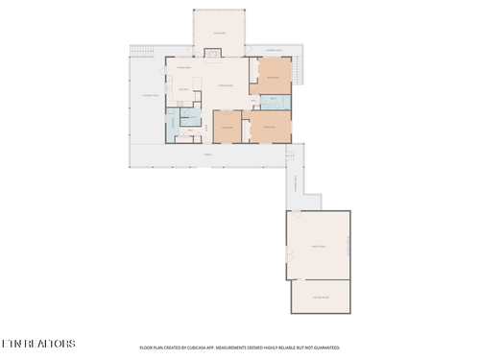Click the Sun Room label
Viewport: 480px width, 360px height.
pos(219,34)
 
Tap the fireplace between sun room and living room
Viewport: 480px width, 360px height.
pos(219,57)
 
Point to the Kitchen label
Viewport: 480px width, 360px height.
pos(181,90)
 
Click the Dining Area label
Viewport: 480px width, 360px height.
pos(182,68)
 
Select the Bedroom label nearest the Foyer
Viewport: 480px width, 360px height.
pos(227,128)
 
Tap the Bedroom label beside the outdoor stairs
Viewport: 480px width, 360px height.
pos(273,77)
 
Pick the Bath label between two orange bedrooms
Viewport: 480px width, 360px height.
pos(273,99)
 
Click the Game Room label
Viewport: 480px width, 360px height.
pos(318,246)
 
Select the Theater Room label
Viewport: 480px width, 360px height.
pos(320,297)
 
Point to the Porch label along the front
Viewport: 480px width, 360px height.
pos(207,155)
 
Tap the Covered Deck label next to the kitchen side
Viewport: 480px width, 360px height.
pos(149,95)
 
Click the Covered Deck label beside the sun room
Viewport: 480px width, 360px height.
pos(273,50)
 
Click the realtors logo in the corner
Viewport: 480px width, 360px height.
pos(38,344)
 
